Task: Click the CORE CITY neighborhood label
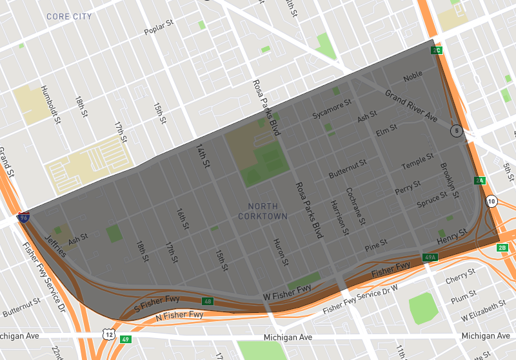[x=68, y=16]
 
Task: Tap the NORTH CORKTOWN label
[x=263, y=211]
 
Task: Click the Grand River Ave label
[x=412, y=107]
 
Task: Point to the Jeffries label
[x=55, y=246]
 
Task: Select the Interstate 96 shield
[x=23, y=217]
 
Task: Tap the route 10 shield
[x=492, y=201]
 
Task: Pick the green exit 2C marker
[x=437, y=50]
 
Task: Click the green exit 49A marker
[x=430, y=257]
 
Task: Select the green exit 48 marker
[x=207, y=301]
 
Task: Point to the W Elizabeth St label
[x=482, y=317]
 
